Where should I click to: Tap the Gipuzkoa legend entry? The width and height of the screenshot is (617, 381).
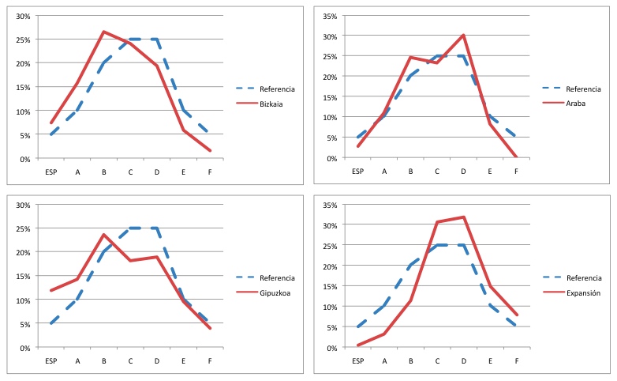(x=277, y=292)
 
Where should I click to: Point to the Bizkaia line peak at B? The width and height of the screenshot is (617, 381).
(x=103, y=32)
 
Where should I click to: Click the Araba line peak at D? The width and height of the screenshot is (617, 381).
(x=463, y=35)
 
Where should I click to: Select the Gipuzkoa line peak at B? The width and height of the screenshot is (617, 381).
(x=103, y=234)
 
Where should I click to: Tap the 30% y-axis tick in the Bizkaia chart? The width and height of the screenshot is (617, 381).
(x=23, y=16)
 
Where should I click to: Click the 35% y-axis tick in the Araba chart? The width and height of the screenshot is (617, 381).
(x=329, y=16)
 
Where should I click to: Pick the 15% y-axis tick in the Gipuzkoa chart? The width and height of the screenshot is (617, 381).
(x=23, y=277)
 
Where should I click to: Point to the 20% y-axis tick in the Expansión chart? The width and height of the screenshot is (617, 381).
(x=329, y=266)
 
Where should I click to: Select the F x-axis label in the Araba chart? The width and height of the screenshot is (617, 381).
(x=517, y=171)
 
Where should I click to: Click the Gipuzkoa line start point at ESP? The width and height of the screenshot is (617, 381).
(x=51, y=290)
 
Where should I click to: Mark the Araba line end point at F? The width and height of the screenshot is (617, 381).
(x=517, y=157)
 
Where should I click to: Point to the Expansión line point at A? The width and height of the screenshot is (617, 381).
(x=383, y=334)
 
